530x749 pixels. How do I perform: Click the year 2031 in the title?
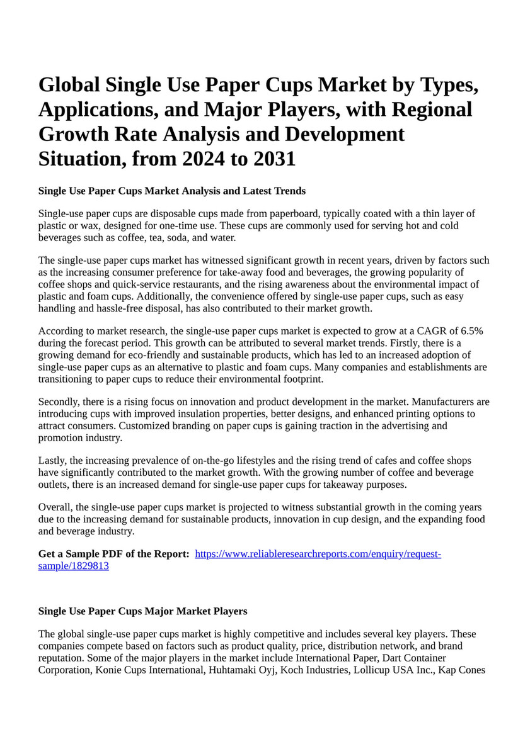(x=272, y=159)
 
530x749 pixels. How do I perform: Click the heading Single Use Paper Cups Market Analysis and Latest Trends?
(x=171, y=191)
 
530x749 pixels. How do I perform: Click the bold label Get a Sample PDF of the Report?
(x=114, y=554)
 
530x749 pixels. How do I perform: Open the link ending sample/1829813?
(x=74, y=565)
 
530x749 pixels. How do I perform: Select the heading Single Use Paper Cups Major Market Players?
(x=142, y=611)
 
